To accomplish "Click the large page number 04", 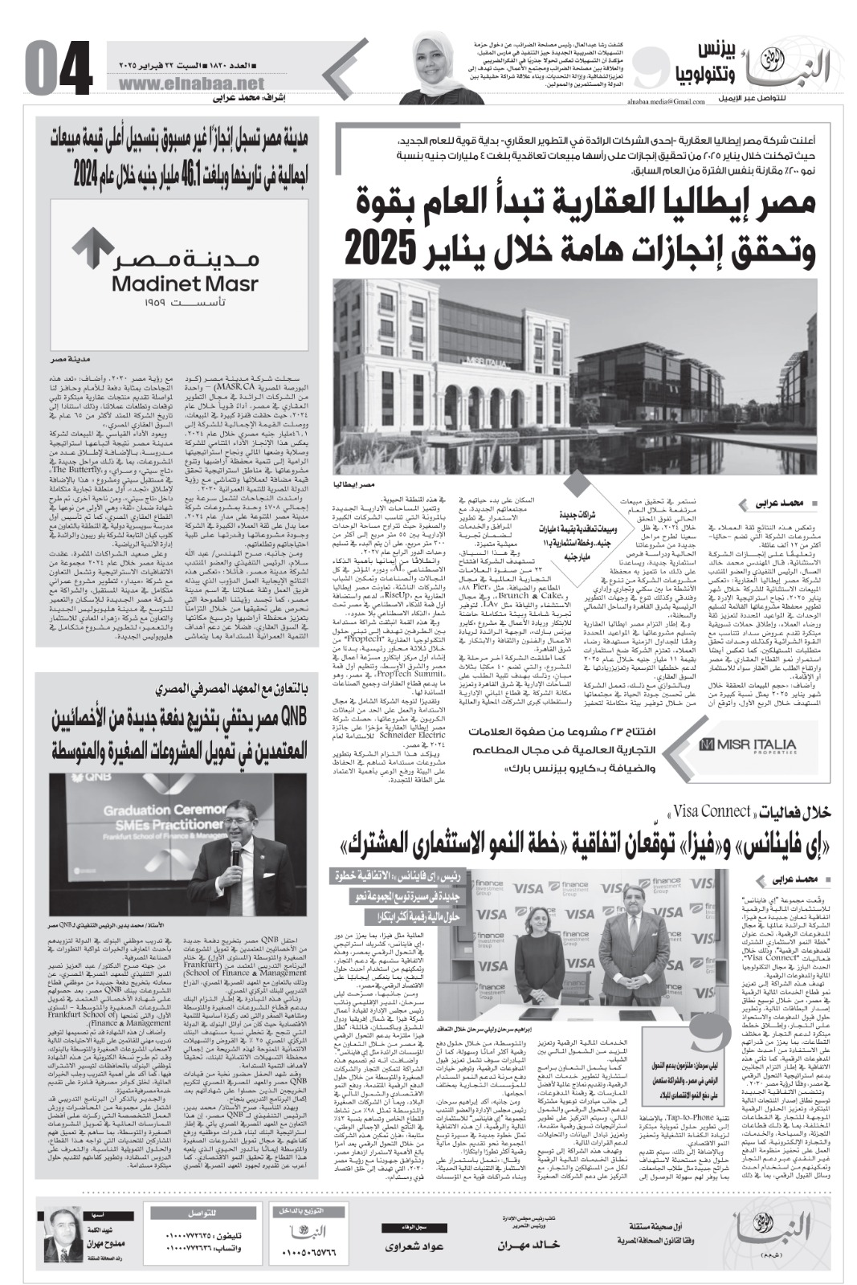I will coord(59,71).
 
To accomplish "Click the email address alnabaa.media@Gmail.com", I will coord(657,103).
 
